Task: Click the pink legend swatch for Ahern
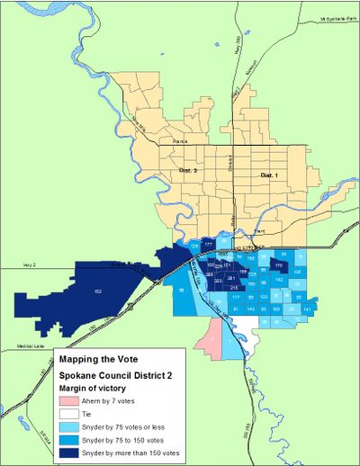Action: pyautogui.click(x=73, y=400)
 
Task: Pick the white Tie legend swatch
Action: pyautogui.click(x=73, y=415)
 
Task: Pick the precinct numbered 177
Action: pyautogui.click(x=208, y=244)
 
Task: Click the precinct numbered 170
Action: pyautogui.click(x=278, y=267)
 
